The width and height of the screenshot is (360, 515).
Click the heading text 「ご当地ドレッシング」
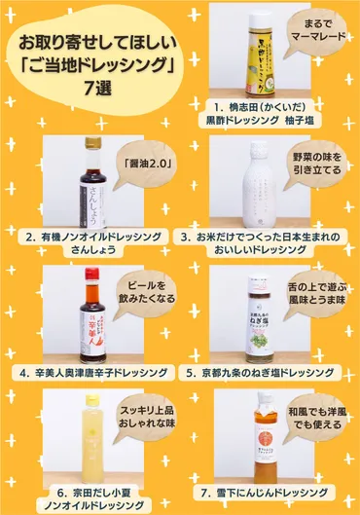[x=94, y=63]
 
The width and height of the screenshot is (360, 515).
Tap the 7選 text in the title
[x=94, y=85]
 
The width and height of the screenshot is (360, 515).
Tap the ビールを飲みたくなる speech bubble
[x=142, y=295]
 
